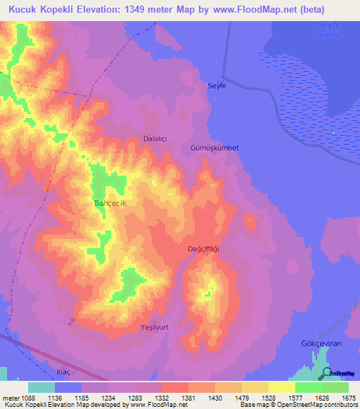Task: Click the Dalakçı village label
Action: [x=155, y=139]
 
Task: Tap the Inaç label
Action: [x=63, y=371]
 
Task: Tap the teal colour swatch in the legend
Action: [x=41, y=387]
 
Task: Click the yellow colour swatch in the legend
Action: [x=281, y=387]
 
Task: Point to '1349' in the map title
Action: [x=153, y=9]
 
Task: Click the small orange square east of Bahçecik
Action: [x=250, y=222]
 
